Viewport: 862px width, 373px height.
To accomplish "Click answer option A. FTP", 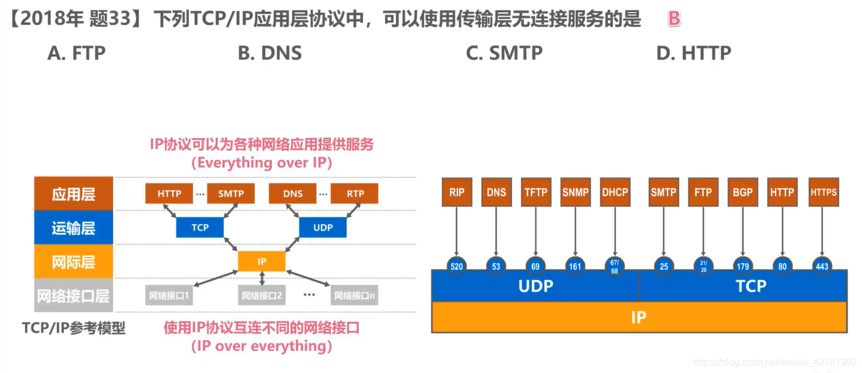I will [x=76, y=53].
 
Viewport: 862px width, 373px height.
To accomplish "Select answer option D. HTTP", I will [x=693, y=53].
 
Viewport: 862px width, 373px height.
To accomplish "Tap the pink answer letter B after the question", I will [x=674, y=19].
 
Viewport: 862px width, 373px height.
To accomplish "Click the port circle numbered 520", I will [x=456, y=265].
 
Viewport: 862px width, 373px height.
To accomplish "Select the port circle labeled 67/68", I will [x=615, y=265].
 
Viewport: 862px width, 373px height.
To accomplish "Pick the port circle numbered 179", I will [x=743, y=265].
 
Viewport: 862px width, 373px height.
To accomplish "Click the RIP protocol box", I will [x=456, y=192].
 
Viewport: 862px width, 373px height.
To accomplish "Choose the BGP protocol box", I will [x=743, y=192].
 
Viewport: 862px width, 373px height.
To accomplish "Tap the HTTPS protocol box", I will [x=823, y=192].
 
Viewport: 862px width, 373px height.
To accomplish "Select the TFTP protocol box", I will [x=535, y=192].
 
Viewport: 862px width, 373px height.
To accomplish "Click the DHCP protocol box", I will [x=615, y=192].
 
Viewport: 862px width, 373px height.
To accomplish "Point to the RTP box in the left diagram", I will [x=355, y=193].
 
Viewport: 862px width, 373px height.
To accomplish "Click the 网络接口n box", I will [x=354, y=296].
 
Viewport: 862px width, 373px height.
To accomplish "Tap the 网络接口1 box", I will [x=169, y=296].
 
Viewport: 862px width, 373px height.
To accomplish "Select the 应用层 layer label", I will [x=74, y=193].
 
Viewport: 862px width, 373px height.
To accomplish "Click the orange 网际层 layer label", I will [x=74, y=262].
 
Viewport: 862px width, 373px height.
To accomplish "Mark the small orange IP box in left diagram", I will [x=262, y=261].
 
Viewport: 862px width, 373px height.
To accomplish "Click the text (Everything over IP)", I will [x=261, y=163].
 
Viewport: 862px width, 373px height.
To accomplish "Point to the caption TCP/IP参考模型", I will [x=74, y=328].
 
